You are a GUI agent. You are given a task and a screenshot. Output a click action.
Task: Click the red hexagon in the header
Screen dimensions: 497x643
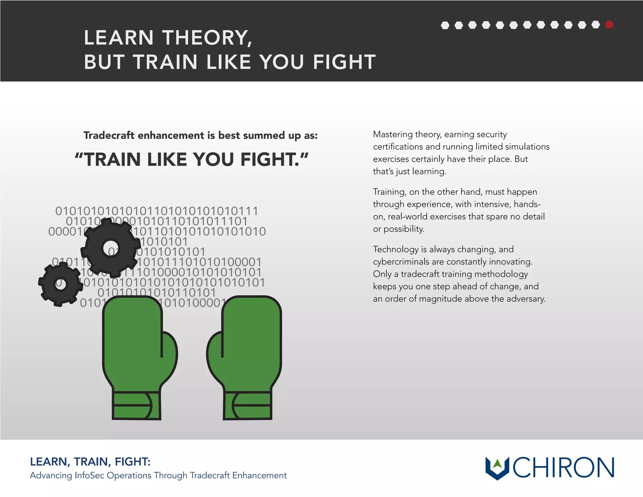(609, 25)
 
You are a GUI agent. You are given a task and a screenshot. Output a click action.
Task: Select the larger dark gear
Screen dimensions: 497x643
(111, 248)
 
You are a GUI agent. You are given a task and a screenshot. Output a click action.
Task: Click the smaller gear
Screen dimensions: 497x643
(61, 284)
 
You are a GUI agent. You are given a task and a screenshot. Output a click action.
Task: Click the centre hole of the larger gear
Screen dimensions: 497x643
(111, 248)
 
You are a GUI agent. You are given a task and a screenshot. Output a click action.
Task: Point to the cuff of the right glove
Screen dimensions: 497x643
(247, 405)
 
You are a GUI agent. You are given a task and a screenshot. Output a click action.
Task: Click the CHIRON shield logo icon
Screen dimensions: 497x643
(497, 467)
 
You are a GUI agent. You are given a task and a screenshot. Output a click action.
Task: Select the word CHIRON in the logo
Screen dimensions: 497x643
(563, 467)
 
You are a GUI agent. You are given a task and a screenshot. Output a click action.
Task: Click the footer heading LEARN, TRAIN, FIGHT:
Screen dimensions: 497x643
(90, 461)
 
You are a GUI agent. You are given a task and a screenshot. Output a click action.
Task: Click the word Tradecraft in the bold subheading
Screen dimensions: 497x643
(109, 135)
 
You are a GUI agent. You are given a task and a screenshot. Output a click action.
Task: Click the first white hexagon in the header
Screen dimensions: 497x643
(445, 25)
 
